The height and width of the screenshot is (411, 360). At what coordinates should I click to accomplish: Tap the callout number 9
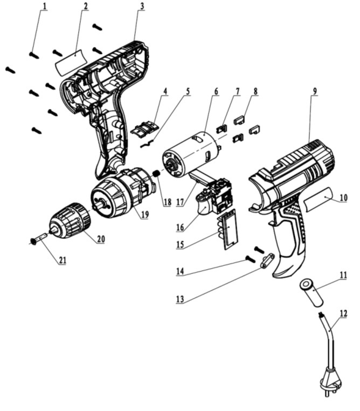tap(314, 91)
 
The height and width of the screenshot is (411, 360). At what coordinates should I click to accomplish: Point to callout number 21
tap(62, 261)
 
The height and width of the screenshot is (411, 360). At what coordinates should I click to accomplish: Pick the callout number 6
tap(216, 91)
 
